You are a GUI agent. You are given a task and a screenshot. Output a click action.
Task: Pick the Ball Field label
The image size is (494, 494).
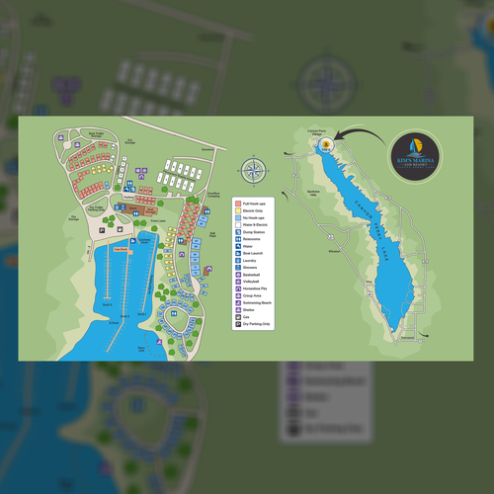[x=212, y=233]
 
